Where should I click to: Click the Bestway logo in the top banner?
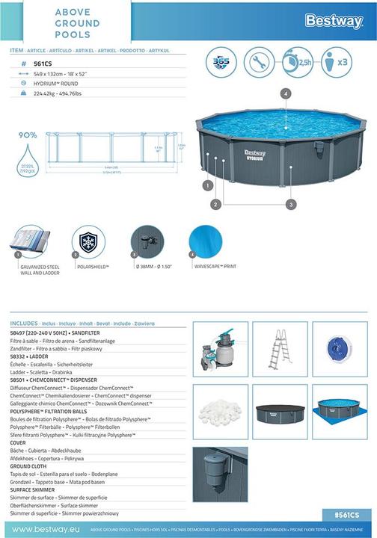[x=334, y=20]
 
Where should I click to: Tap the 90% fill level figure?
[x=28, y=135]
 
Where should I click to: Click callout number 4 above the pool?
[x=285, y=93]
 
